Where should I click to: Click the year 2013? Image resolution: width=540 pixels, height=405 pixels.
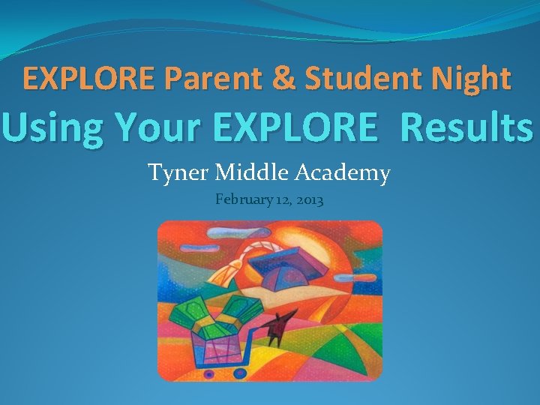[308, 200]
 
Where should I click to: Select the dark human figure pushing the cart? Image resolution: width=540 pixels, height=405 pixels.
[280, 327]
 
